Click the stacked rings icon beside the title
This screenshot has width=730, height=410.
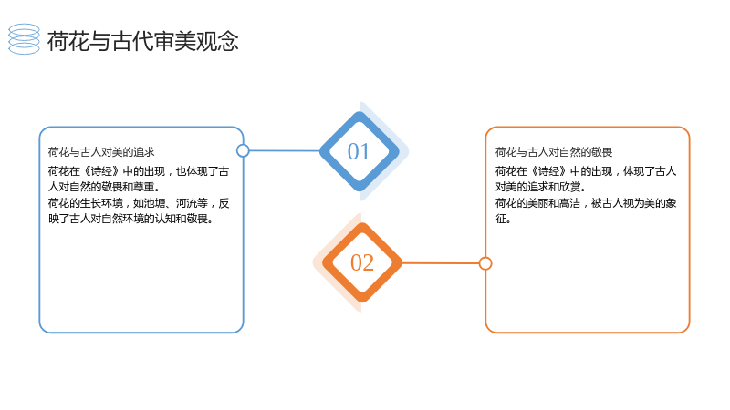point(25,39)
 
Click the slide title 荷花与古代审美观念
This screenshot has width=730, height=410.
point(143,41)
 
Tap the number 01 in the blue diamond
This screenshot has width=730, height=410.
point(359,151)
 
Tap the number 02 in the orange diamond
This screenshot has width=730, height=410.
point(362,262)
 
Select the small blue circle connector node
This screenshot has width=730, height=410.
point(243,150)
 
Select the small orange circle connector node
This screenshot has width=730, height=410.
point(485,263)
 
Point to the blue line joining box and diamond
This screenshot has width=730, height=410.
point(285,150)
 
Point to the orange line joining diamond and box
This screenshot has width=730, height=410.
point(441,263)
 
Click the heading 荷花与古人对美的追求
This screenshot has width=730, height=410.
point(101,152)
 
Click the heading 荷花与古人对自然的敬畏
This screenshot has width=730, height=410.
point(554,152)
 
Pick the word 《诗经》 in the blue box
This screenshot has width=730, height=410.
point(101,171)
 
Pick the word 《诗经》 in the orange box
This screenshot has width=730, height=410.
point(549,171)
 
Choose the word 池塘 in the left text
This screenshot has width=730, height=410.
point(154,203)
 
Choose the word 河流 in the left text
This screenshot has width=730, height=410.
point(186,203)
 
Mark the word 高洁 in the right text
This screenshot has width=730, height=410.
point(569,203)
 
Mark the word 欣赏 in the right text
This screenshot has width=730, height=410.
point(569,187)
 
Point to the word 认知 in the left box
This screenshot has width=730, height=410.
point(165,219)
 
